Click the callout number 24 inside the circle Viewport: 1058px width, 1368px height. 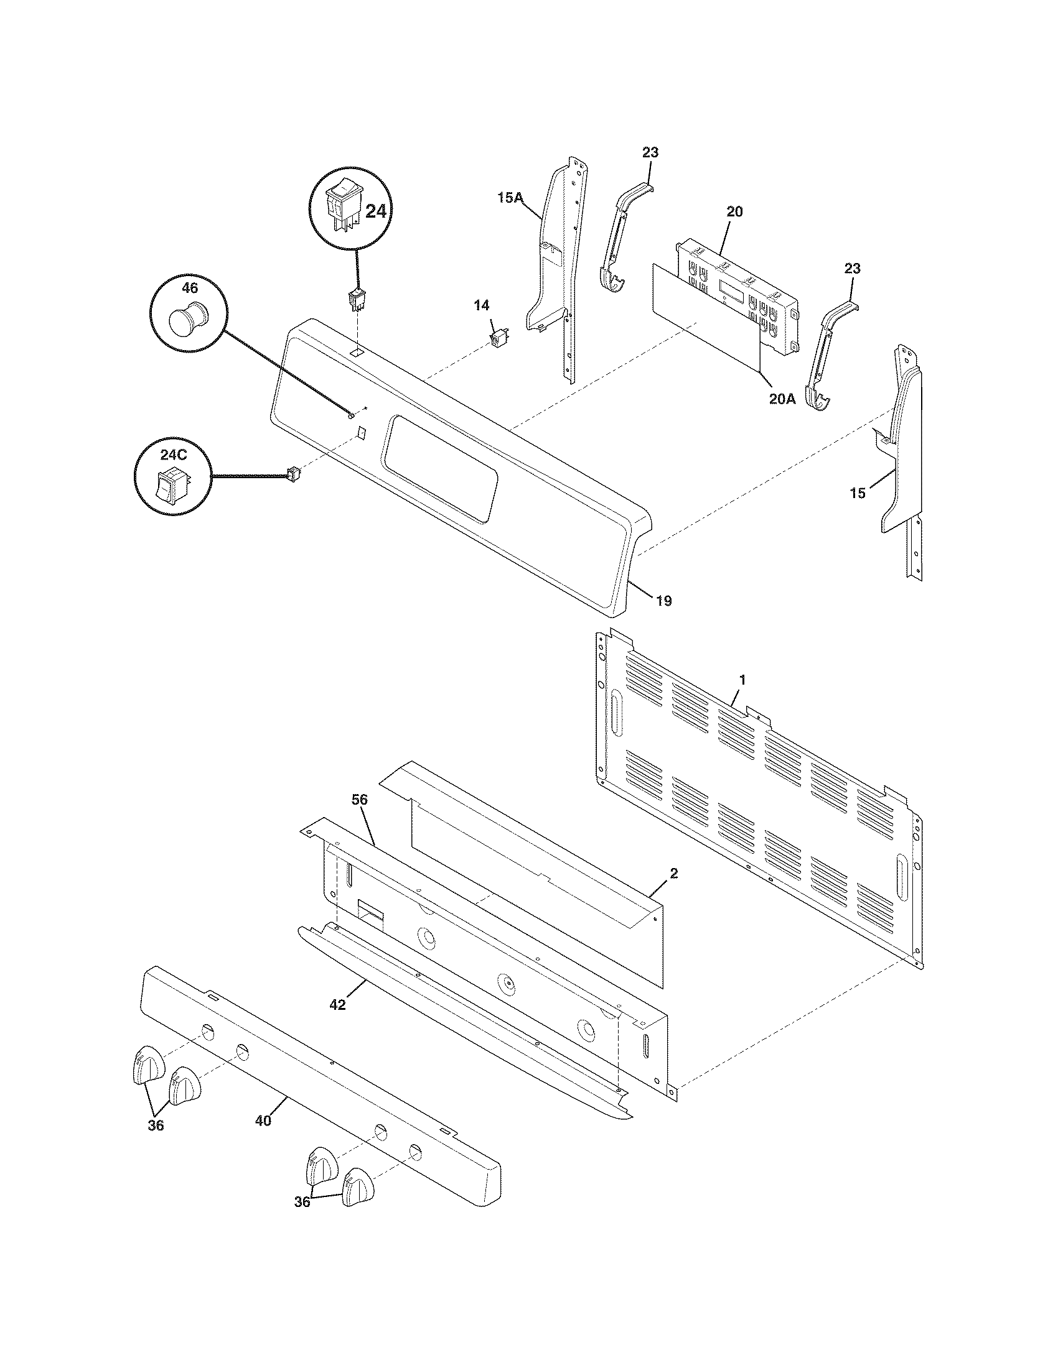pyautogui.click(x=376, y=211)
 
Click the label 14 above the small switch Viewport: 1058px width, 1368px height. pyautogui.click(x=481, y=306)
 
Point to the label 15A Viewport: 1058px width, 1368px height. pyautogui.click(x=510, y=198)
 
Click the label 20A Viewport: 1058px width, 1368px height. pyautogui.click(x=782, y=399)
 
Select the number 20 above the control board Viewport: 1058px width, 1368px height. pyautogui.click(x=734, y=211)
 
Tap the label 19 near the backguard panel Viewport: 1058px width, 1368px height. pyautogui.click(x=664, y=601)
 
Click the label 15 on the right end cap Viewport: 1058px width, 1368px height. pyautogui.click(x=858, y=493)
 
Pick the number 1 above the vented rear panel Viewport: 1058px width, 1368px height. pyautogui.click(x=742, y=680)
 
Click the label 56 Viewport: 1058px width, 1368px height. pyautogui.click(x=360, y=800)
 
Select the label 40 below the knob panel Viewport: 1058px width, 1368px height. pyautogui.click(x=263, y=1121)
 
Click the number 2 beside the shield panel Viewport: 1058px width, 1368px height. pyautogui.click(x=674, y=873)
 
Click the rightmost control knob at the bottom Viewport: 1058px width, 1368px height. pyautogui.click(x=357, y=1186)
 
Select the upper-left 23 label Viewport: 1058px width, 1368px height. pyautogui.click(x=650, y=152)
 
